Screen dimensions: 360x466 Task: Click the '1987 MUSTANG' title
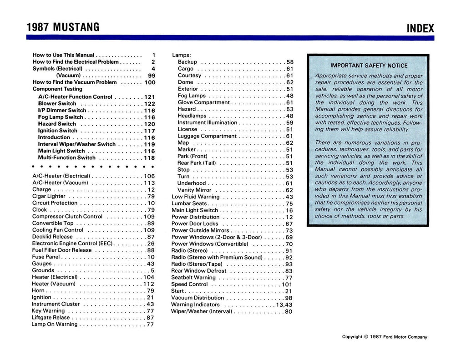click(x=63, y=27)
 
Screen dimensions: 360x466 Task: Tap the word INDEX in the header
click(x=420, y=28)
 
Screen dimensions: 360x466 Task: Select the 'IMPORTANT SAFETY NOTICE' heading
click(x=369, y=66)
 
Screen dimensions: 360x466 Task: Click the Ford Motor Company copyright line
click(x=385, y=337)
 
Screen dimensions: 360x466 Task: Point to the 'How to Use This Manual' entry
click(x=63, y=55)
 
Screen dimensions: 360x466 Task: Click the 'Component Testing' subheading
click(x=57, y=89)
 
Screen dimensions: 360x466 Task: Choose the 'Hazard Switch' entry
click(x=57, y=124)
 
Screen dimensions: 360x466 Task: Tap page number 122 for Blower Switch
click(x=150, y=104)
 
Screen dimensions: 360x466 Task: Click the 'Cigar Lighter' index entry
click(x=49, y=196)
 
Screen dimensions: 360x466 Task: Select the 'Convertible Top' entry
click(x=53, y=223)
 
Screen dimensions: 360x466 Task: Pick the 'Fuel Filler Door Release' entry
click(x=62, y=250)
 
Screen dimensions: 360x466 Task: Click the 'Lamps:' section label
click(x=181, y=55)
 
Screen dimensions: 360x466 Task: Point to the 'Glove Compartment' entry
click(x=203, y=102)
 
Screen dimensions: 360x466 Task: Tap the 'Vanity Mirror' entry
click(x=194, y=190)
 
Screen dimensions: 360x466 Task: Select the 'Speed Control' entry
click(x=189, y=284)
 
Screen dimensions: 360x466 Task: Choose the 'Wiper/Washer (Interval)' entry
click(x=202, y=312)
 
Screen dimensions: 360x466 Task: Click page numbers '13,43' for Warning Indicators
click(x=284, y=305)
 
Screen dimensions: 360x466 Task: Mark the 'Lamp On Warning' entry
click(x=55, y=325)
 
